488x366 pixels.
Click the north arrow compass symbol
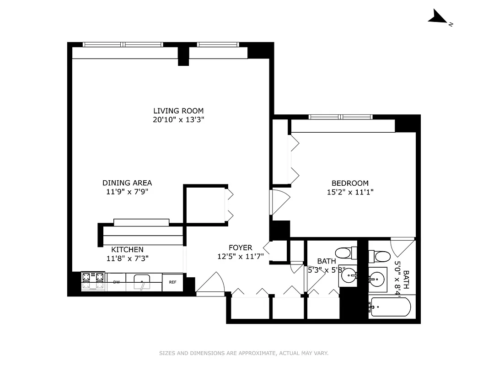tap(438, 18)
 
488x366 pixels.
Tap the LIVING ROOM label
tap(178, 111)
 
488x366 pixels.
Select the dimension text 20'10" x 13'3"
tap(178, 120)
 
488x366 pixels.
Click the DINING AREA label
tap(127, 183)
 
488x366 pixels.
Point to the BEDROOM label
tap(350, 183)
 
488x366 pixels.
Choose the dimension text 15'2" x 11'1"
tap(350, 192)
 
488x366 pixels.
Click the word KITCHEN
tap(127, 250)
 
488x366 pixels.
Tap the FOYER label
tap(240, 248)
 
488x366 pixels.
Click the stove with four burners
tap(93, 281)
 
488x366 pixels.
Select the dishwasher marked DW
tap(117, 282)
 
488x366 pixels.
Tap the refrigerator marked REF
tap(172, 282)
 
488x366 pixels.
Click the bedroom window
tap(340, 117)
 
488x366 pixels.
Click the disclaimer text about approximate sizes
tap(244, 353)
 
